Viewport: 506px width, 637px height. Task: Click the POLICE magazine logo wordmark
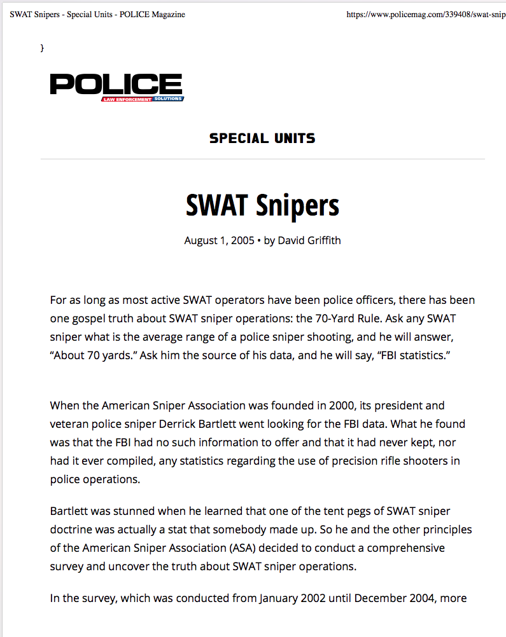tap(116, 84)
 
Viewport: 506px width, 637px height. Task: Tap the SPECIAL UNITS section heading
tap(262, 138)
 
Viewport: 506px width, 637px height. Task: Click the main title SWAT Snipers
tap(262, 205)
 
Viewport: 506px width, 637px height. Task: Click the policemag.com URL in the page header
tap(425, 14)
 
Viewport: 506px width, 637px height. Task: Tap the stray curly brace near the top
tap(42, 48)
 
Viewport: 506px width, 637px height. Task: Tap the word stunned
tap(128, 511)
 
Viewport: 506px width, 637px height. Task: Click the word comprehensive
tap(405, 548)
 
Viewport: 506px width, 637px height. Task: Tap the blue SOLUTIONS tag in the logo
tap(167, 99)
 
